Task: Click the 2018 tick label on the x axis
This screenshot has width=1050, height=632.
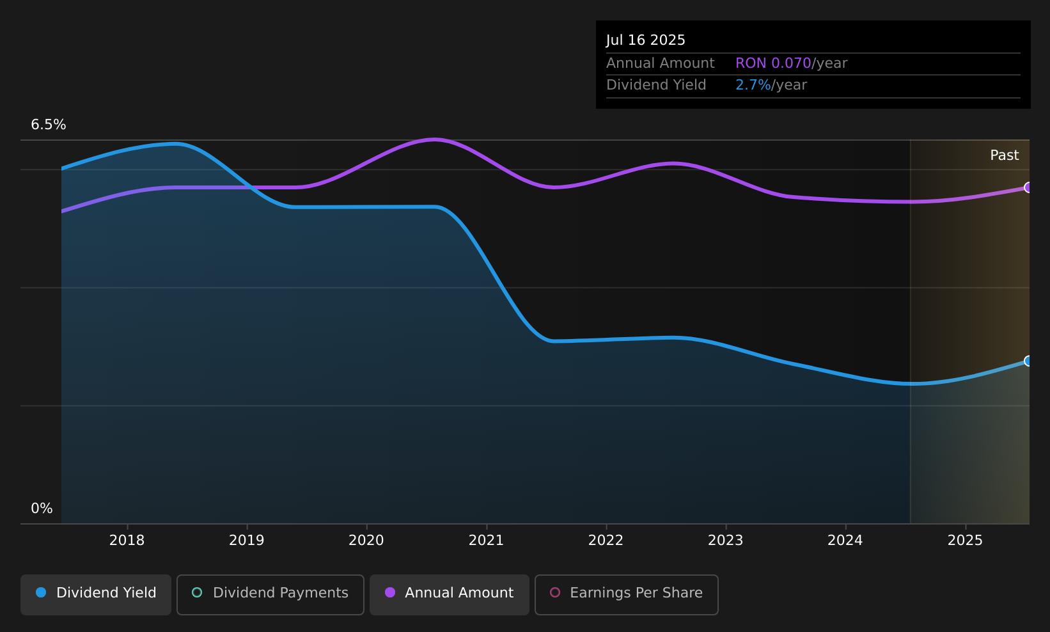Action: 127,541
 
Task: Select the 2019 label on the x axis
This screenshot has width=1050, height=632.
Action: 247,541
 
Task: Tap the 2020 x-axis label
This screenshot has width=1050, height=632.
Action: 366,541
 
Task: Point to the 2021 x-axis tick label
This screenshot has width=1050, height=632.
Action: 486,541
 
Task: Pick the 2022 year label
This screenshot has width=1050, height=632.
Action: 606,541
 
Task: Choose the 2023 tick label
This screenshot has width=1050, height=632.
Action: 726,541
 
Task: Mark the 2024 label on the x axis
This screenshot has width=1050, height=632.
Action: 845,541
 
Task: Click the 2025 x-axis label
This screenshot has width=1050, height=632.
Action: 965,541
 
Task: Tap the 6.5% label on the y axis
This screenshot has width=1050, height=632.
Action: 49,125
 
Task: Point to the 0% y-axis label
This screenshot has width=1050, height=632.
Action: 42,509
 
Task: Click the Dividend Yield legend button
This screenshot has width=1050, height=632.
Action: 96,594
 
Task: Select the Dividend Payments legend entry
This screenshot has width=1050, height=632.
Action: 270,594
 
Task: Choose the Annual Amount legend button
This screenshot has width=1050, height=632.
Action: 450,594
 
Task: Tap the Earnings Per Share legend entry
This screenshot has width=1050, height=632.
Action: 627,594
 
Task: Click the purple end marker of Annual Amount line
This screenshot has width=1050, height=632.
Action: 1028,187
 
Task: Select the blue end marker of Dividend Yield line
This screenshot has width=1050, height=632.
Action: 1028,361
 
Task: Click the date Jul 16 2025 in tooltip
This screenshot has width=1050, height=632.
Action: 645,40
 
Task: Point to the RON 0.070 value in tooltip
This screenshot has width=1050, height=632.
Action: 773,63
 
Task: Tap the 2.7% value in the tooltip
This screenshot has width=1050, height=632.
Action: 753,85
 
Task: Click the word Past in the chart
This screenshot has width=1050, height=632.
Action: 1004,155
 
